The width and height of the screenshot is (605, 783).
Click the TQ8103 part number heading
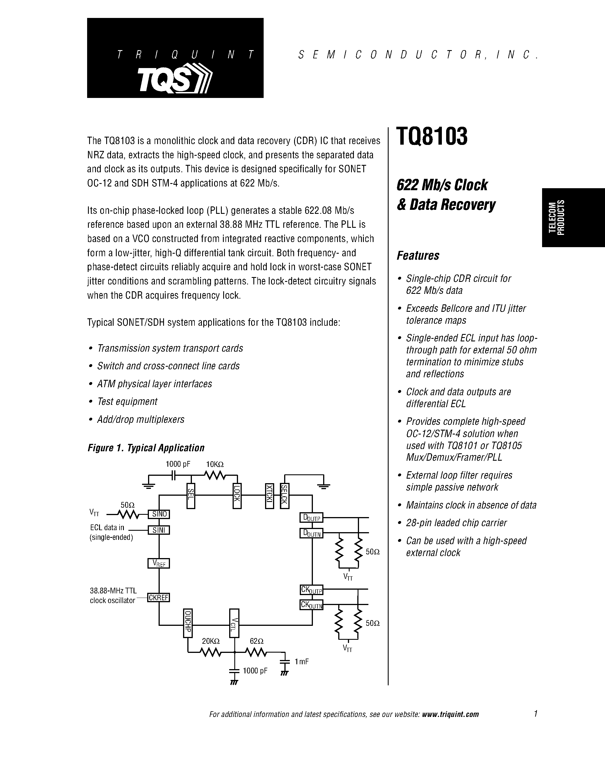[432, 137]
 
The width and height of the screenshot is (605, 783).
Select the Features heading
[418, 256]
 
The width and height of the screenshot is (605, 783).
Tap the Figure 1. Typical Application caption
[146, 448]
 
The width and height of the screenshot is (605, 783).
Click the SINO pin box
[159, 514]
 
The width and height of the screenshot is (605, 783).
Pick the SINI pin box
[159, 530]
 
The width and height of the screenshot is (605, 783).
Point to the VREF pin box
[159, 563]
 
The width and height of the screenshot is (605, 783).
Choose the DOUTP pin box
[311, 518]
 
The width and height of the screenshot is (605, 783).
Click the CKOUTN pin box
[311, 605]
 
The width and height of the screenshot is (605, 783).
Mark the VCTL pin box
[234, 623]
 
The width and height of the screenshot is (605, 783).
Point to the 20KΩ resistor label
[210, 641]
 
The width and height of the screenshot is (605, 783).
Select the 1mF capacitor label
[302, 661]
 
